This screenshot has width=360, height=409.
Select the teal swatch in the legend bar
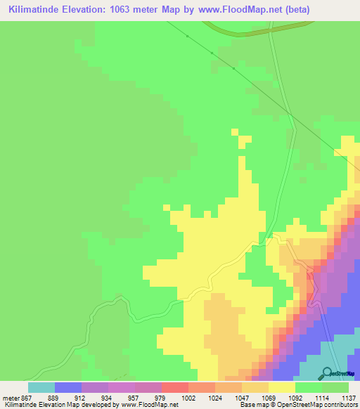41,387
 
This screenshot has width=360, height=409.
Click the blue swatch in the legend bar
67,387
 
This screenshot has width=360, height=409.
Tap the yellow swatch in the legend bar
281,387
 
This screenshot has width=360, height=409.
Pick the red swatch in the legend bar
174,387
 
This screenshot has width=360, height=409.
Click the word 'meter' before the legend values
11,397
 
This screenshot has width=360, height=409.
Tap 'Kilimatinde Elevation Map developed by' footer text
59,405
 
